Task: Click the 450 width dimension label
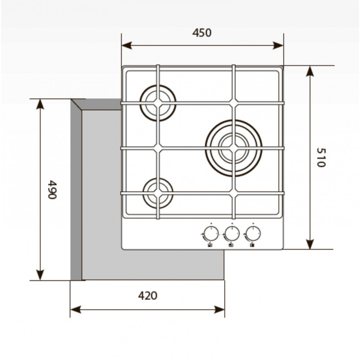202,33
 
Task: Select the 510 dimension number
321,158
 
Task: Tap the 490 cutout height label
52,189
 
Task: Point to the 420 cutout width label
148,296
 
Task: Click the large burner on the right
234,148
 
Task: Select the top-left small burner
158,103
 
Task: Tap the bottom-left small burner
158,193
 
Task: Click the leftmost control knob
211,234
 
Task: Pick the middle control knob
232,234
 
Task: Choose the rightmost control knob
253,234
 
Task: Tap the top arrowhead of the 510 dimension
310,71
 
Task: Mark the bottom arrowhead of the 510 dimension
310,244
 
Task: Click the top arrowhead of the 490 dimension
40,104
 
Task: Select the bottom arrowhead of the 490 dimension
40,275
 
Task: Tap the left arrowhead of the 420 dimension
76,310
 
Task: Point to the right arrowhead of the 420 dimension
219,310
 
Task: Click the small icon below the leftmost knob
210,245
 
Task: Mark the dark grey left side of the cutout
76,190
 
